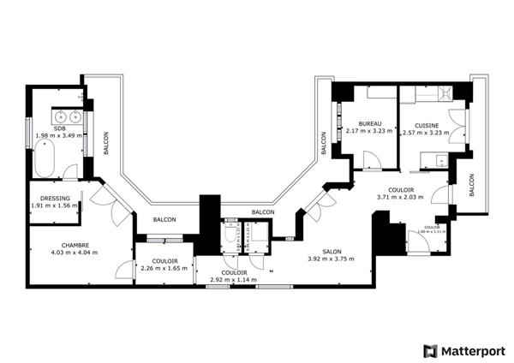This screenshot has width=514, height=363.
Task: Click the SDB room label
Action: (58, 128)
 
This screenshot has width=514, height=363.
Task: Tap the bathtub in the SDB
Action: (44, 158)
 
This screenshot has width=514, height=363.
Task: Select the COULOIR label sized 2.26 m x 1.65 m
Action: (163, 261)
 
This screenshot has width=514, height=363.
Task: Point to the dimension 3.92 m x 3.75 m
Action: (331, 259)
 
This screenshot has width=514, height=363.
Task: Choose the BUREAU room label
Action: (370, 123)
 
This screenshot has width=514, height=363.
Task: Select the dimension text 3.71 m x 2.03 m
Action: (400, 197)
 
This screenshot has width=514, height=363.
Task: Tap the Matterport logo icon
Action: (429, 351)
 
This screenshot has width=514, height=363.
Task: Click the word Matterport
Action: (473, 351)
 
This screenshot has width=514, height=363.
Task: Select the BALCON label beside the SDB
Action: (105, 142)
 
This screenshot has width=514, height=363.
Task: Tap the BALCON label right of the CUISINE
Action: (471, 186)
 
